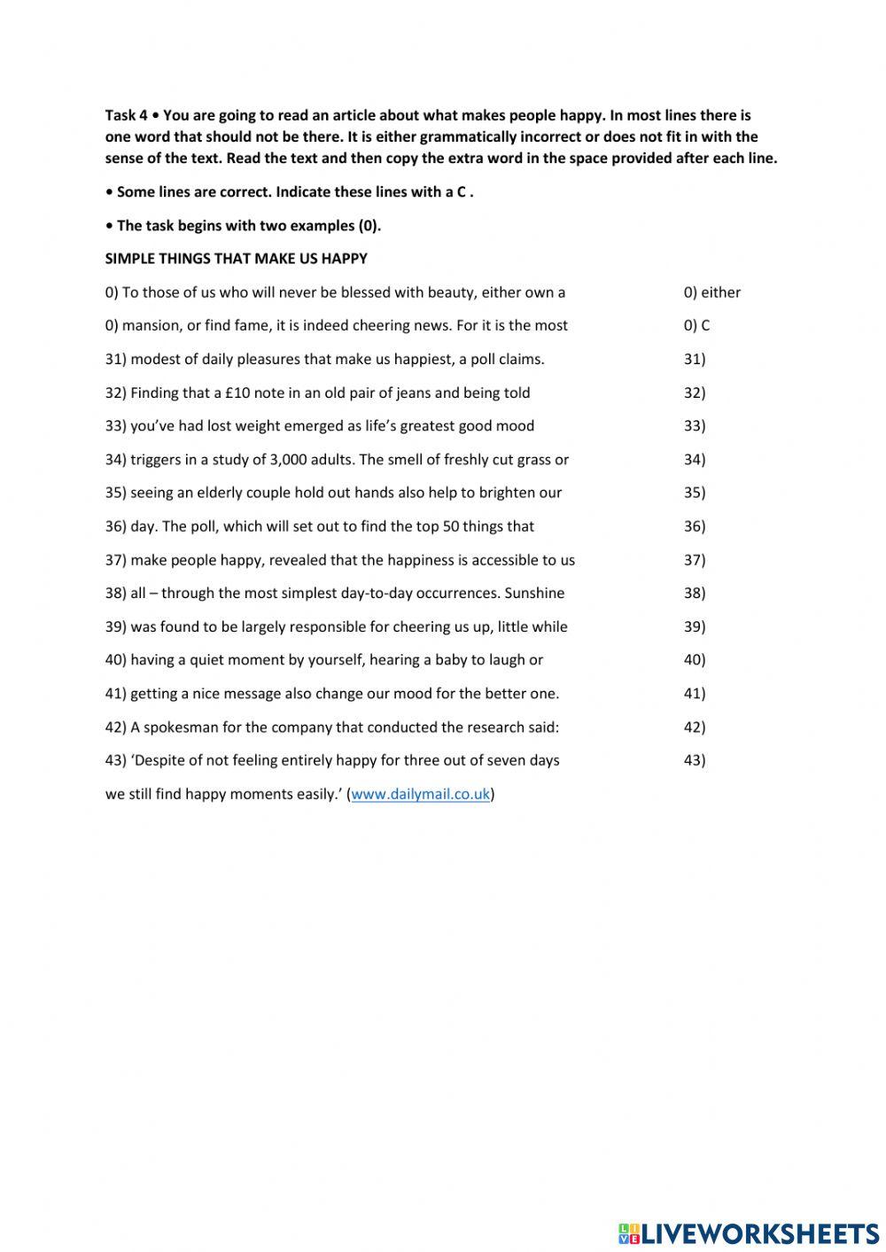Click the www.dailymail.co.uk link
pos(421,794)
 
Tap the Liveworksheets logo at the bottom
pos(749,1233)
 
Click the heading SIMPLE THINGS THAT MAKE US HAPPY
pos(236,259)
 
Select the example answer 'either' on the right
pos(720,292)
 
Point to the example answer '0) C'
pos(696,325)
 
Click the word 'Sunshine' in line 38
pos(534,594)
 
